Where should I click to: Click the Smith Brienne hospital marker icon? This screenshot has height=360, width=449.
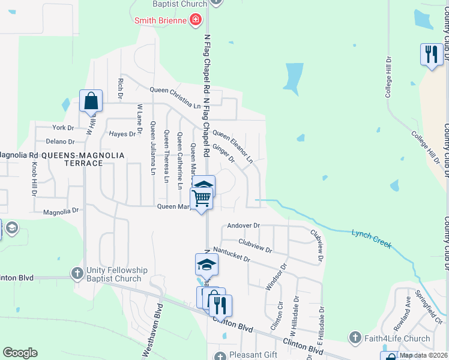pos(195,21)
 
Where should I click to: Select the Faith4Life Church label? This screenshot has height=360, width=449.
pos(397,338)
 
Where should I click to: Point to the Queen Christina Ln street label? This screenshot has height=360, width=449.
pos(175,106)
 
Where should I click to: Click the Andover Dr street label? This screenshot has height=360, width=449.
pos(243,226)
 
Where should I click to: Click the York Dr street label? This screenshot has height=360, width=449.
pos(62,128)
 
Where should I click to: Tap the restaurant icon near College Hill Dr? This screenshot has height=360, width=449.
pos(431,55)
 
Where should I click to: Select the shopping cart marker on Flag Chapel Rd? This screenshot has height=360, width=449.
pos(202,197)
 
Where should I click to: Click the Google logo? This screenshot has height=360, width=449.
pos(20,353)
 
